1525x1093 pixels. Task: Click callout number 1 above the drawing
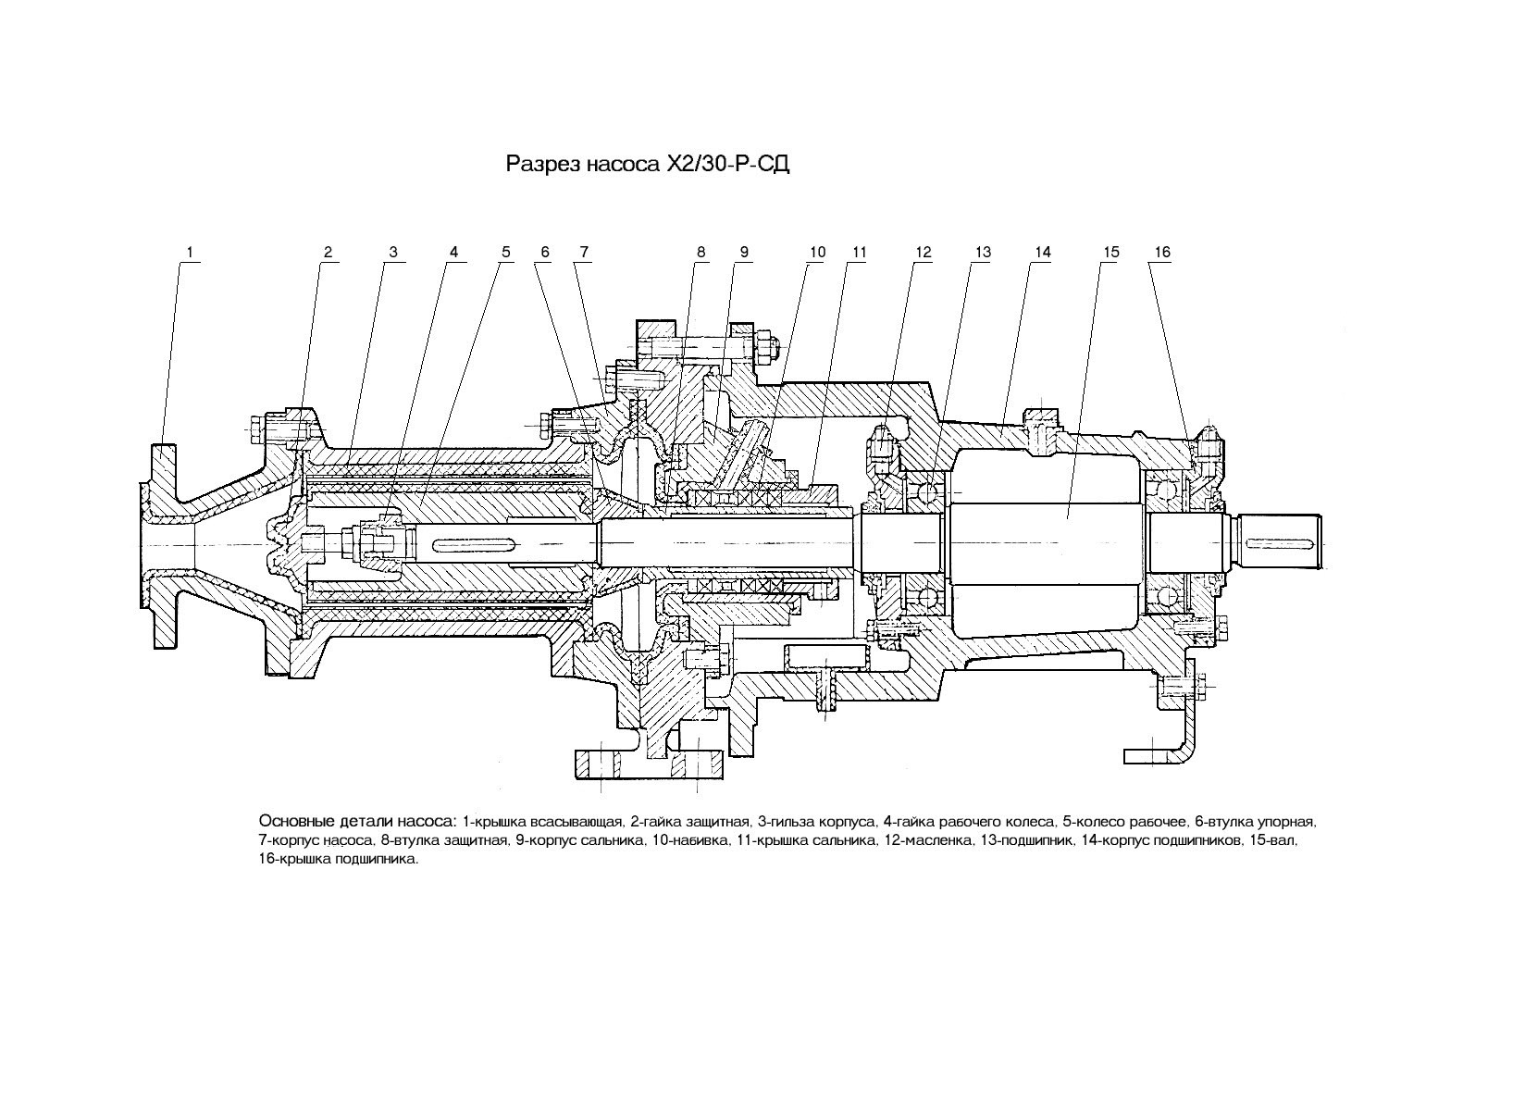[x=190, y=252]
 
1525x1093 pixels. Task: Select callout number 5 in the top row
[x=506, y=252]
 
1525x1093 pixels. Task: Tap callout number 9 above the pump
[x=744, y=252]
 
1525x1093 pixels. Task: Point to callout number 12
[x=923, y=252]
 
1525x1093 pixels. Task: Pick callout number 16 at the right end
[x=1162, y=252]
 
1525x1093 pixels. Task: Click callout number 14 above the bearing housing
[x=1042, y=252]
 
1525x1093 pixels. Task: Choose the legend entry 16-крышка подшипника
[x=339, y=860]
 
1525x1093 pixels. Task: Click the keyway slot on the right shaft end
[x=1281, y=542]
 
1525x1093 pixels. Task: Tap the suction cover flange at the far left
[x=164, y=546]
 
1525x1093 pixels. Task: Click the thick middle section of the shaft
[x=1048, y=542]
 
